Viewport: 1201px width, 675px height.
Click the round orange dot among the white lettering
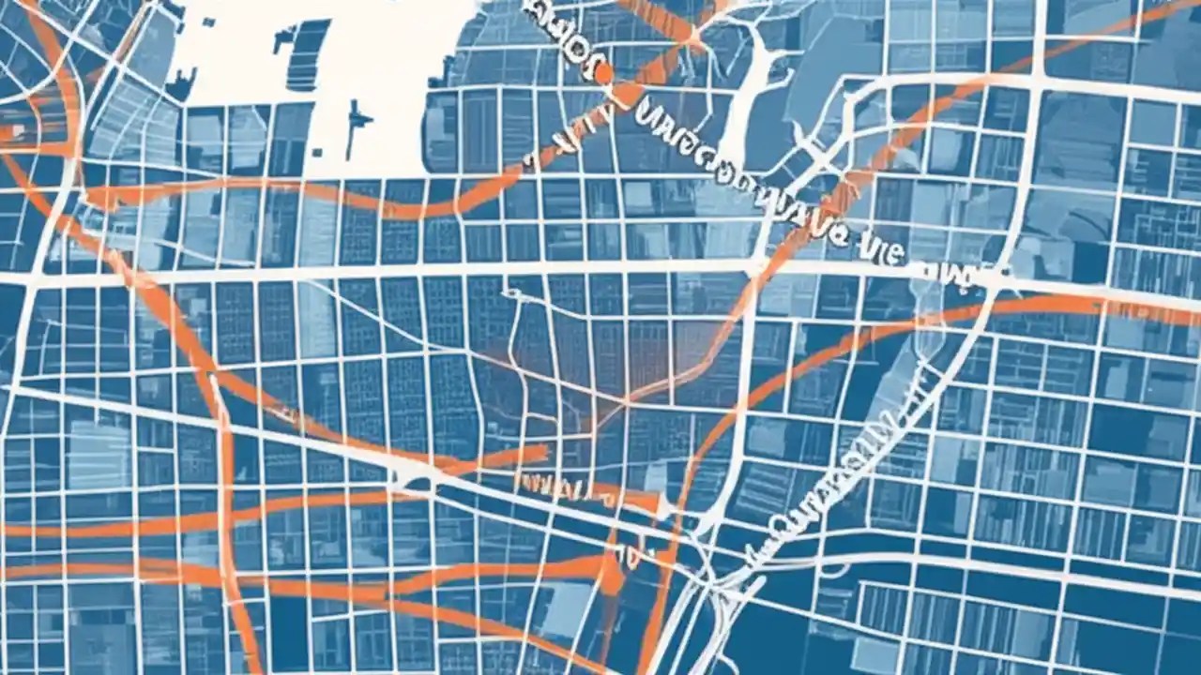point(602,72)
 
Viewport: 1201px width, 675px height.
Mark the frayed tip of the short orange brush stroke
point(540,455)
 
